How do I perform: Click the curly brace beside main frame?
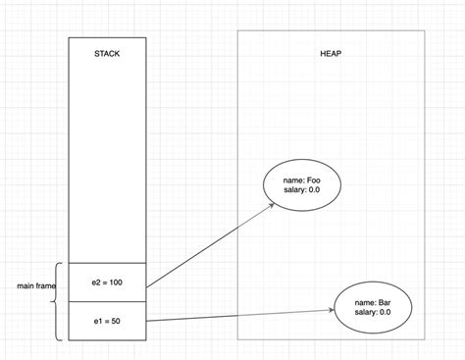[60, 300]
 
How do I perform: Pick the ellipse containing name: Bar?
[372, 305]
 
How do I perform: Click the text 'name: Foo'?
[301, 180]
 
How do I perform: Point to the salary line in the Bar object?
[372, 312]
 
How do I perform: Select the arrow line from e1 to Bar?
[240, 314]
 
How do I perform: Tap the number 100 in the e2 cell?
[118, 283]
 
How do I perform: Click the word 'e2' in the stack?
[94, 283]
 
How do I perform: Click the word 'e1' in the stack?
[96, 321]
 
